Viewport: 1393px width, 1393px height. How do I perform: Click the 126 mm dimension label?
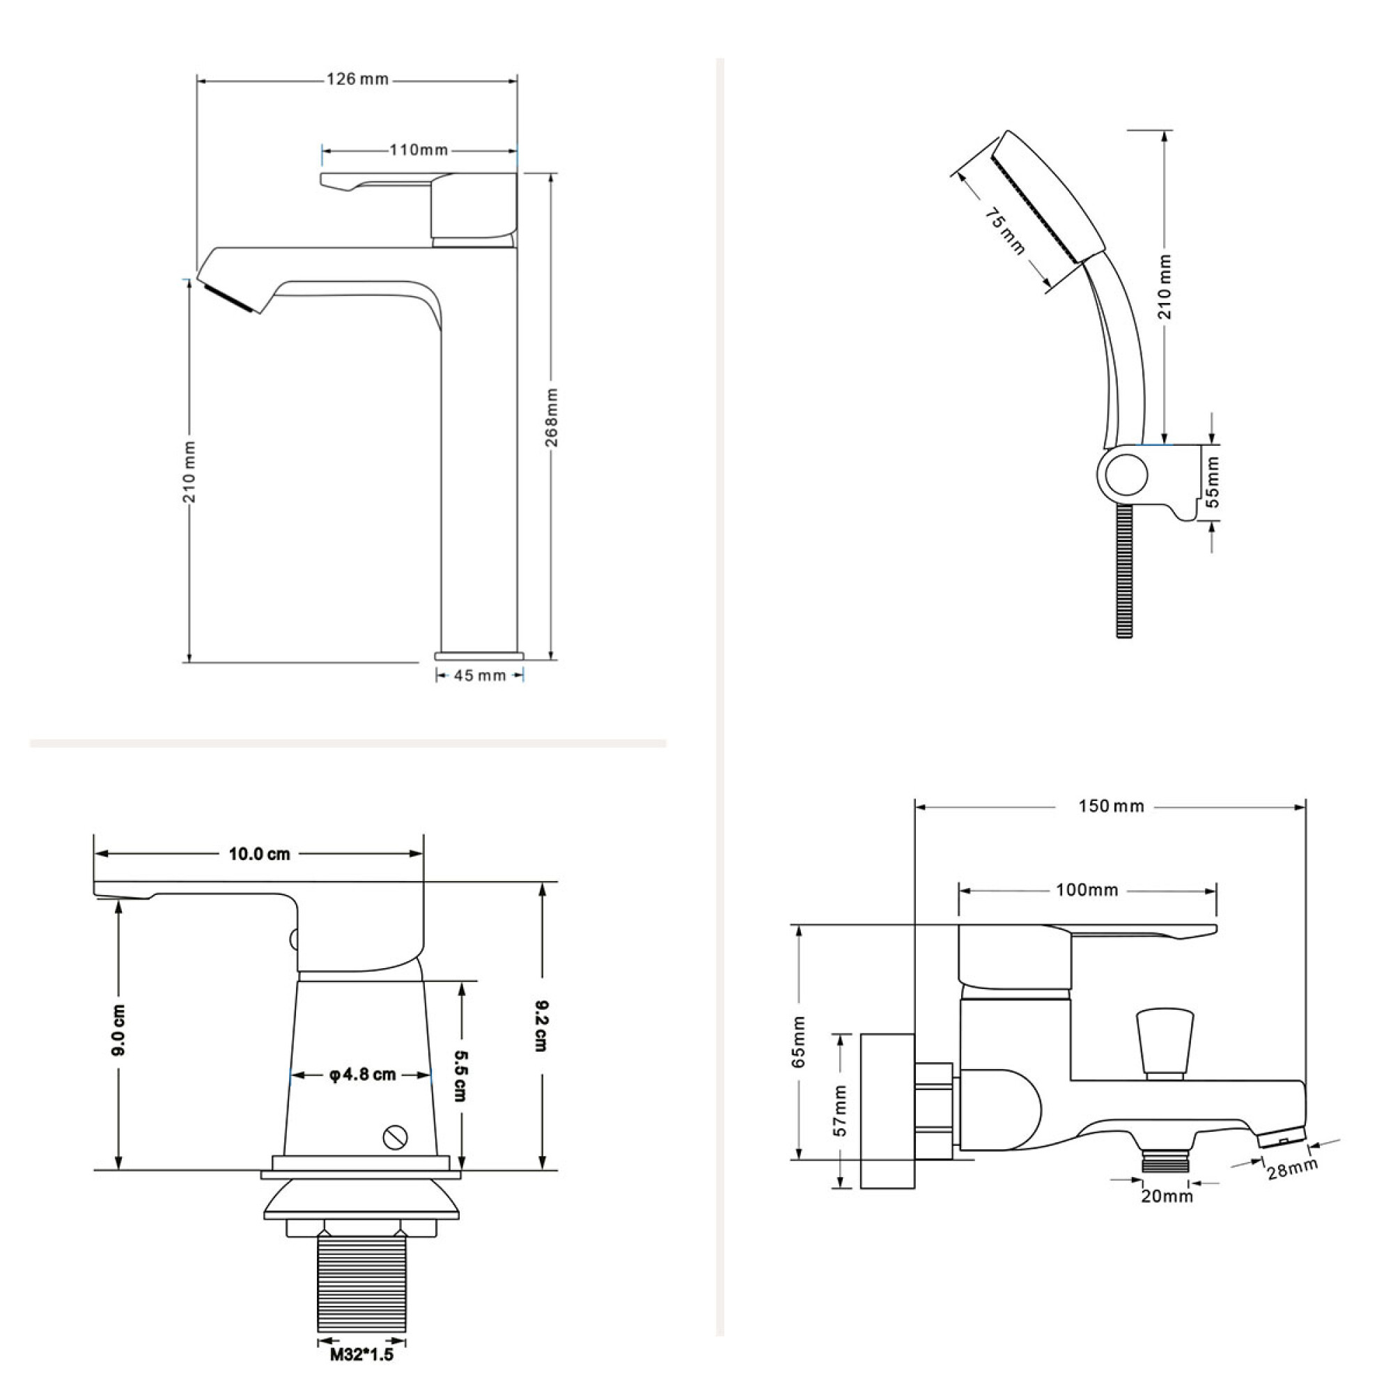pos(357,79)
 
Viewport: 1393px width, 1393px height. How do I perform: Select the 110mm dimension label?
pos(419,150)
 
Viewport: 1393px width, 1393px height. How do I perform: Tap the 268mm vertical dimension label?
pos(552,417)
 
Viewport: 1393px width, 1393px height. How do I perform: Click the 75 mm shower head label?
pos(1005,231)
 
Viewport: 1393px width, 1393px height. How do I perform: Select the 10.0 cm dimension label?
pos(260,855)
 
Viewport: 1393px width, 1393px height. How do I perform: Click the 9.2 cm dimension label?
pos(541,1025)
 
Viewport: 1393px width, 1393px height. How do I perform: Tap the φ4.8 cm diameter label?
pos(363,1075)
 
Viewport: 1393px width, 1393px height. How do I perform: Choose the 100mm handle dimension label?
pos(1087,890)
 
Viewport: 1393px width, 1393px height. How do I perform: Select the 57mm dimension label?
pos(840,1111)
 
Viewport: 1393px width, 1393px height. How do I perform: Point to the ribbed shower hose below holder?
pos(1126,570)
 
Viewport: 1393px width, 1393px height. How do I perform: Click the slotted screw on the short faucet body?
pos(395,1138)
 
